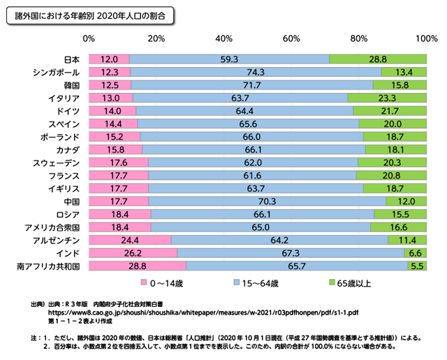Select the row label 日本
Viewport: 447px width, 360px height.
pyautogui.click(x=73, y=59)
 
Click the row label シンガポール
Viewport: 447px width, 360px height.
pyautogui.click(x=57, y=72)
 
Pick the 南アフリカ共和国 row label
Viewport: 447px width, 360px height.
pyautogui.click(x=52, y=266)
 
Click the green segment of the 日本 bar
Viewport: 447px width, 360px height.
pyautogui.click(x=377, y=59)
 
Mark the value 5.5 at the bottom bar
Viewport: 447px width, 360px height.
pyautogui.click(x=418, y=266)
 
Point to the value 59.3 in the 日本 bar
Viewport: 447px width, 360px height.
pyautogui.click(x=229, y=59)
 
